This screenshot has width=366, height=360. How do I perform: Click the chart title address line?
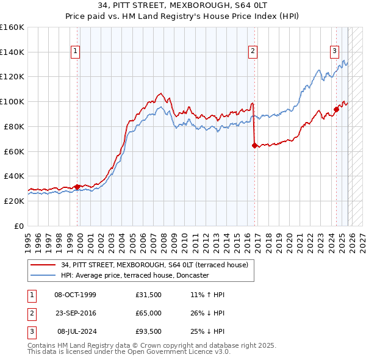[x=182, y=6]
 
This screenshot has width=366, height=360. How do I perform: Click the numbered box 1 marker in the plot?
[x=75, y=52]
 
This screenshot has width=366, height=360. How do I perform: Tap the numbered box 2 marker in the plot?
[x=252, y=52]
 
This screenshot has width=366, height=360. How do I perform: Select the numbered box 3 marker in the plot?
[x=335, y=52]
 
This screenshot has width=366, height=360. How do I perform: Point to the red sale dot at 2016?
[x=254, y=145]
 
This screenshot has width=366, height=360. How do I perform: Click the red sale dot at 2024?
[x=336, y=110]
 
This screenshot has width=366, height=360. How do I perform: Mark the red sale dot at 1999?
[x=77, y=187]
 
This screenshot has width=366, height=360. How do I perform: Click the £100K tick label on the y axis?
[x=12, y=101]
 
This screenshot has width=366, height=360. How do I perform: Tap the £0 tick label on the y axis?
[x=18, y=226]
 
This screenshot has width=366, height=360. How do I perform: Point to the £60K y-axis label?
[x=14, y=151]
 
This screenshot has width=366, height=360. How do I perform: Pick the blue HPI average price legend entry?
[x=134, y=275]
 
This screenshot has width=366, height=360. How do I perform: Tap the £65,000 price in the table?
[x=149, y=312]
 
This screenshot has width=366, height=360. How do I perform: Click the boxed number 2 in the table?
[x=30, y=312]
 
